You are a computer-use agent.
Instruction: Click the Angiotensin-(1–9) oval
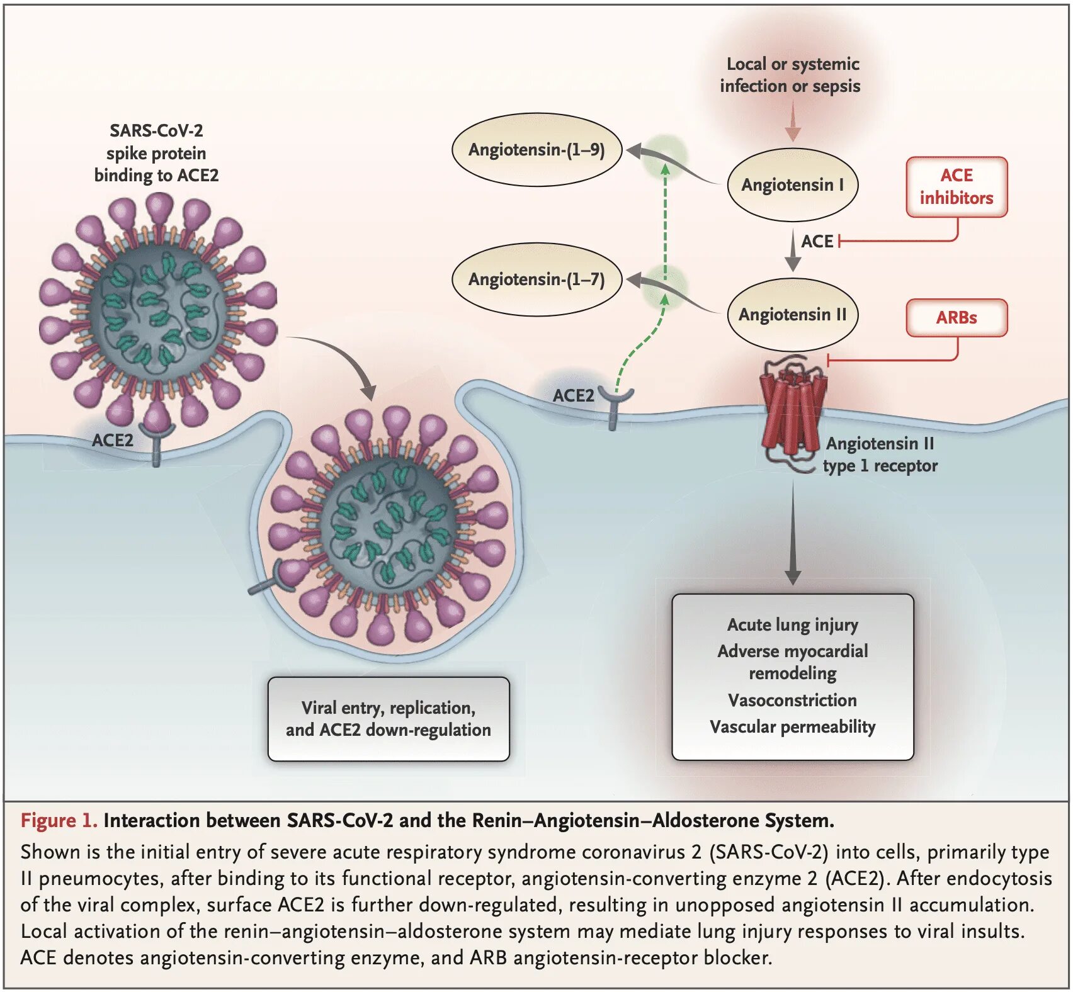(x=537, y=150)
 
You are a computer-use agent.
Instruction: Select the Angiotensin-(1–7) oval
(x=537, y=279)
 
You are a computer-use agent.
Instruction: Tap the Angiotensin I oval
(x=793, y=185)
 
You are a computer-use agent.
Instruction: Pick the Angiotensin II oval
(x=793, y=314)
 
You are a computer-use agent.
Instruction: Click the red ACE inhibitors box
(x=957, y=187)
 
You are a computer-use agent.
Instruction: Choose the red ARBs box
(x=957, y=318)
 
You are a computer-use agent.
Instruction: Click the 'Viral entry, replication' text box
(x=389, y=719)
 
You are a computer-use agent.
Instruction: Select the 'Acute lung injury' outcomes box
(x=793, y=677)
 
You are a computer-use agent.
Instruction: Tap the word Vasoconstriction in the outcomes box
(x=792, y=700)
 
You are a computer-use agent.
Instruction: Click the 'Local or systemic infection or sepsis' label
(x=791, y=75)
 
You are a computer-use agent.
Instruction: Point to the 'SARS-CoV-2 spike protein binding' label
(x=156, y=153)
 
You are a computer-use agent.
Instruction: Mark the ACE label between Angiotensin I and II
(x=817, y=241)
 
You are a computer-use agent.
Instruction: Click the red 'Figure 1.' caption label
(x=59, y=820)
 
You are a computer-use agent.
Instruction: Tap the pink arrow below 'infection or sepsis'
(x=793, y=121)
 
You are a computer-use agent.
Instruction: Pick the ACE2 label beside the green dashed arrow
(x=573, y=395)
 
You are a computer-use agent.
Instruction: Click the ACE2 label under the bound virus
(x=112, y=440)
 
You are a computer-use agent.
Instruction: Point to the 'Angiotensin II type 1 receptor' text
(x=880, y=454)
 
